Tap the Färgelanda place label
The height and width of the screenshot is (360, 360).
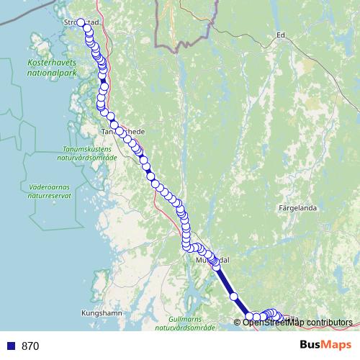297,208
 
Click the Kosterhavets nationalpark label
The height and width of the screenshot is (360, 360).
51,68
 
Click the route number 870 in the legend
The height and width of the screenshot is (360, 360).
30,346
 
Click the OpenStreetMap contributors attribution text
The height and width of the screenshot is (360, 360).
297,322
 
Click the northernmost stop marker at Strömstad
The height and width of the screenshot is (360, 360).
81,22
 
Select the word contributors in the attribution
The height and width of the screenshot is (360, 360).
328,322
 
